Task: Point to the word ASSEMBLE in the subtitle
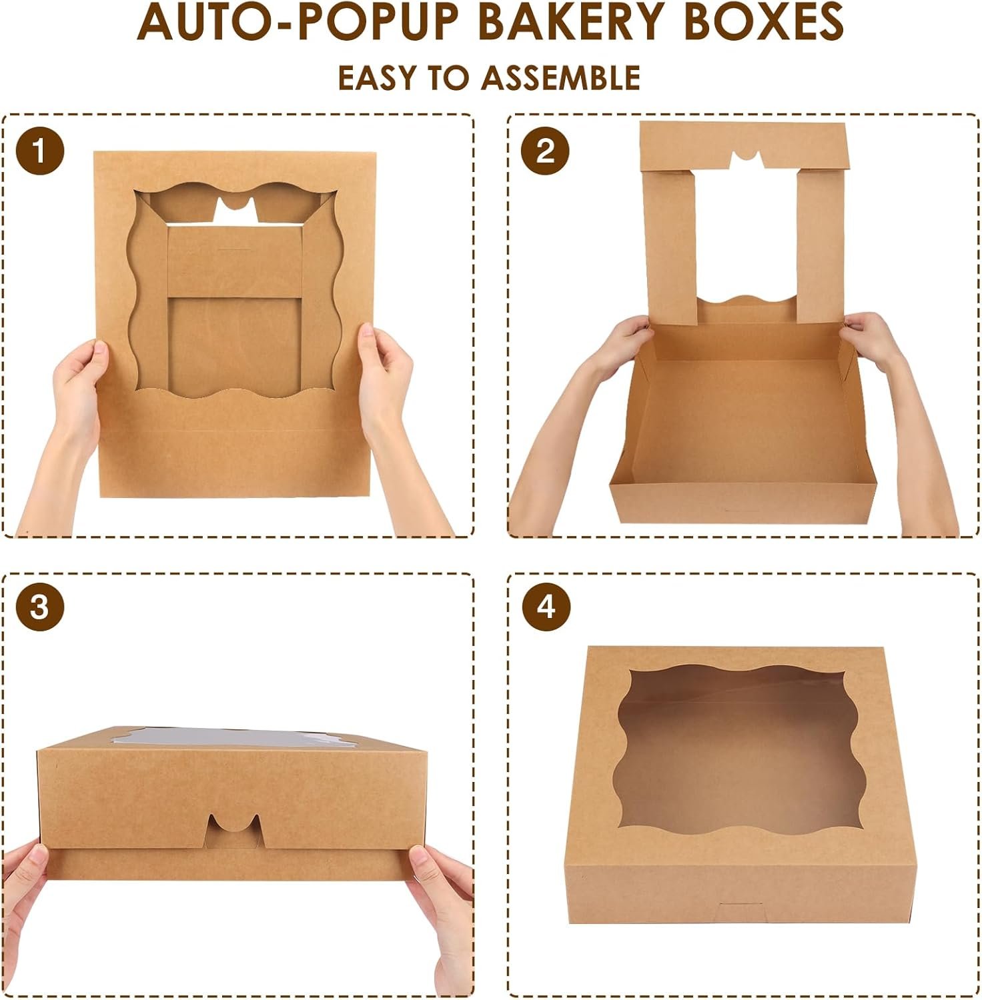[x=561, y=78]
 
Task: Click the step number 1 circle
[x=40, y=151]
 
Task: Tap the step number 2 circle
[x=546, y=151]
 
